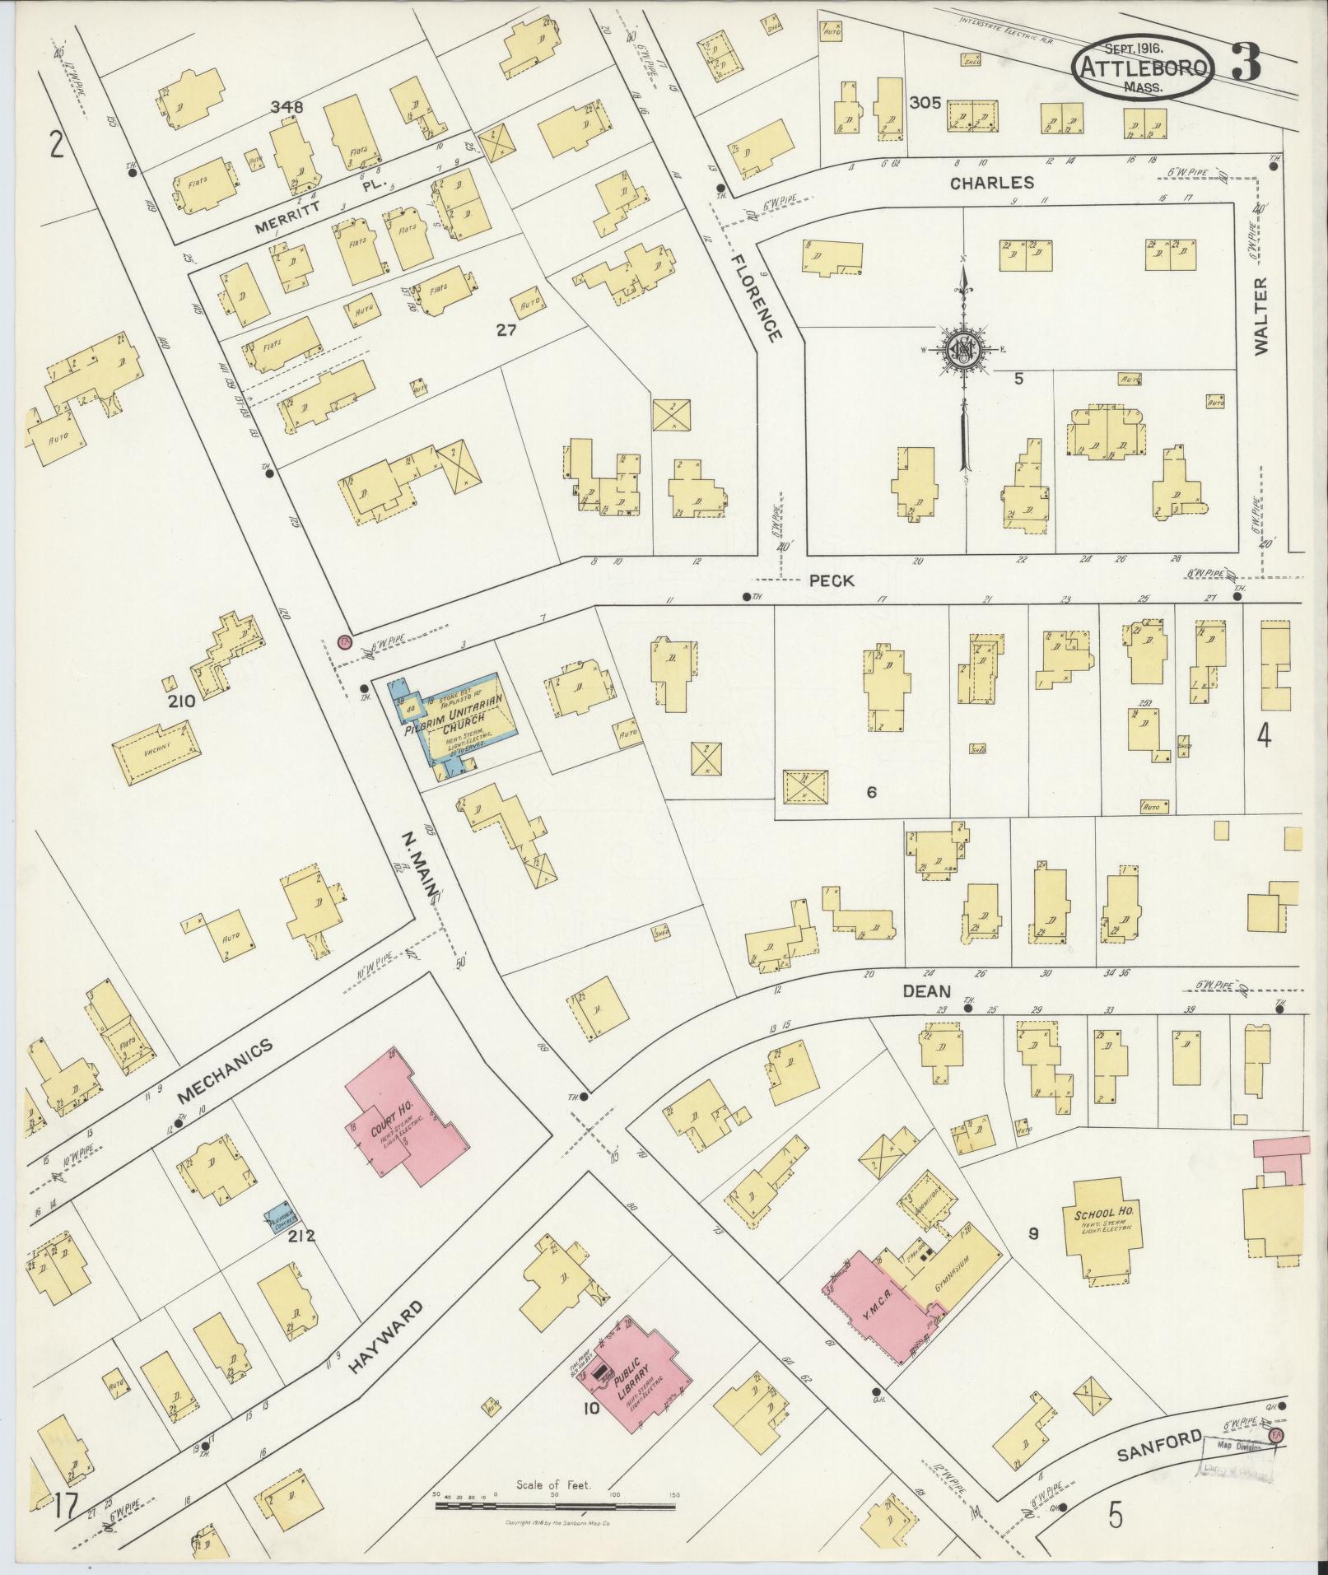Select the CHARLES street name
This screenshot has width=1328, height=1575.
click(991, 183)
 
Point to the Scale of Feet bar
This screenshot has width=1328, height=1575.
click(556, 1507)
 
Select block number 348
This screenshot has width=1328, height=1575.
click(287, 107)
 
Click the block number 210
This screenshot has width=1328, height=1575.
click(180, 701)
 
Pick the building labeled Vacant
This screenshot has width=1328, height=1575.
click(155, 753)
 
